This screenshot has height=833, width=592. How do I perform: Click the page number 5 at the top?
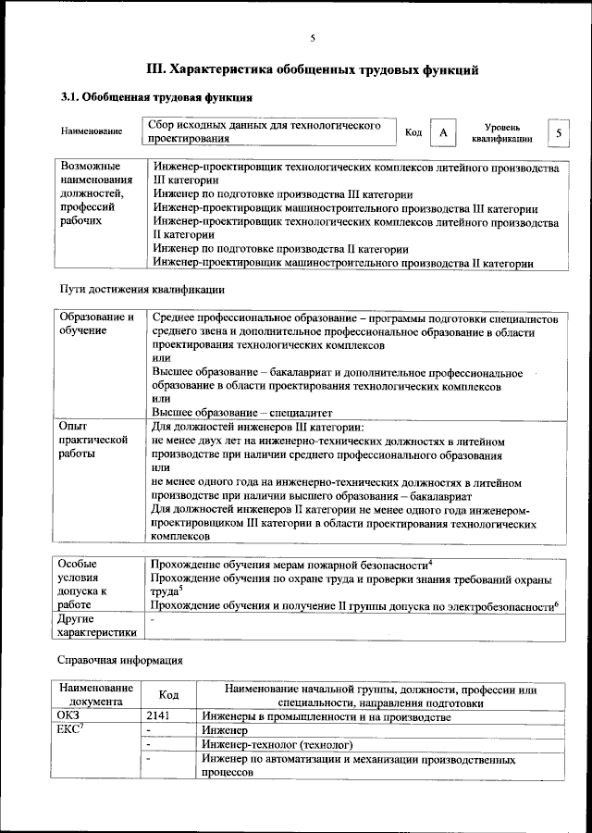pos(312,38)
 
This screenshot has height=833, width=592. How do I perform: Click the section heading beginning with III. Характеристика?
pos(313,68)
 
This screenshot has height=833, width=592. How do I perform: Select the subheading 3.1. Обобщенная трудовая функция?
pos(156,96)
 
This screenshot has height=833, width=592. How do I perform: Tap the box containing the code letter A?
pos(443,133)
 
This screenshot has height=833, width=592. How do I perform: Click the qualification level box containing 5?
pos(558,133)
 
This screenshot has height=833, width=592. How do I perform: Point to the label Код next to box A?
pos(413,133)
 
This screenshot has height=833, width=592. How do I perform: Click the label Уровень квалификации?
pos(501,132)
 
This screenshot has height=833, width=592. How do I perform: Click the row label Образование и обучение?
pos(95,324)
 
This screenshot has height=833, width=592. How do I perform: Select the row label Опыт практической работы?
pos(92,441)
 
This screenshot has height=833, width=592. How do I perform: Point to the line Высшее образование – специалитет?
pos(242,412)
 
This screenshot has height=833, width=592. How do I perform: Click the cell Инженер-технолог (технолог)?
pos(277,743)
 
